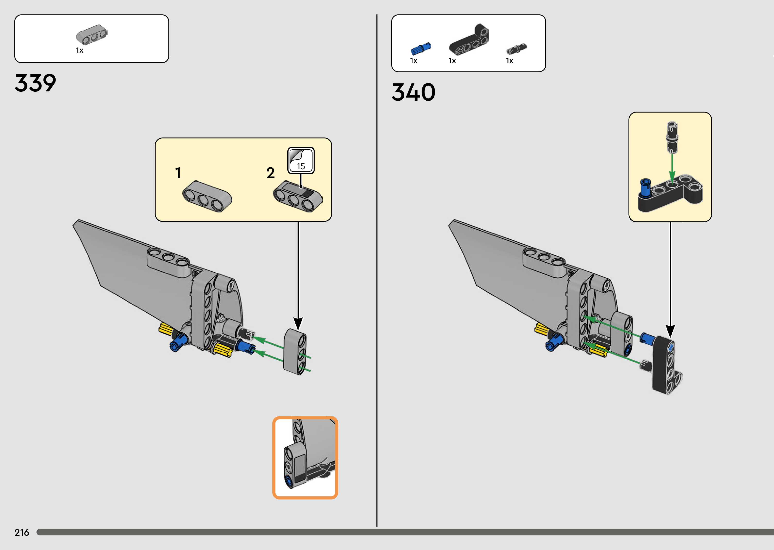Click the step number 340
point(413,92)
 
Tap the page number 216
point(22,532)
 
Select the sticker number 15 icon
point(301,161)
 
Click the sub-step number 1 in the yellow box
point(178,173)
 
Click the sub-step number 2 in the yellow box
point(270,173)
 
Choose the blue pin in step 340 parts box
point(421,49)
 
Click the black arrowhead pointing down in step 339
point(298,324)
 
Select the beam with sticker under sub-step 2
point(298,196)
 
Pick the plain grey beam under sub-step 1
point(207,196)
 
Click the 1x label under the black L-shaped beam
point(452,61)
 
